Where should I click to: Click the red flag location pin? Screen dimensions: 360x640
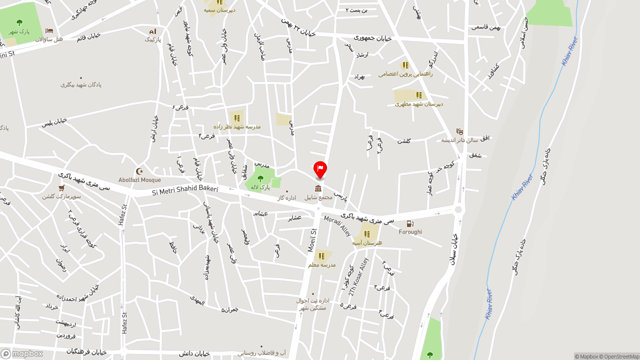pyautogui.click(x=320, y=169)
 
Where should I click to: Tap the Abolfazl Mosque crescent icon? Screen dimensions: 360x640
pyautogui.click(x=139, y=171)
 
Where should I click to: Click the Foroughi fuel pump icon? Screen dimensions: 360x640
pyautogui.click(x=410, y=224)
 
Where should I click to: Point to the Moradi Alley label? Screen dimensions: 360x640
pyautogui.click(x=337, y=226)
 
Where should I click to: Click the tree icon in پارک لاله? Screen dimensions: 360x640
pyautogui.click(x=260, y=178)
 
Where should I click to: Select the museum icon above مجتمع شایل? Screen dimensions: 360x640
pyautogui.click(x=318, y=188)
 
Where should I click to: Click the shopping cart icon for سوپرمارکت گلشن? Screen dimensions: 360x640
pyautogui.click(x=61, y=188)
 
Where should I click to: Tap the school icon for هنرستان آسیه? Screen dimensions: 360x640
pyautogui.click(x=367, y=234)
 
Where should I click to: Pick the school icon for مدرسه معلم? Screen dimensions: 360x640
pyautogui.click(x=321, y=256)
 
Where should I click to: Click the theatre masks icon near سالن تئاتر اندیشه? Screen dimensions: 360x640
pyautogui.click(x=459, y=131)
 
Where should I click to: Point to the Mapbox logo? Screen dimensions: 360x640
pyautogui.click(x=21, y=353)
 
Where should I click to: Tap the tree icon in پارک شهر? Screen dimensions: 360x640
pyautogui.click(x=19, y=22)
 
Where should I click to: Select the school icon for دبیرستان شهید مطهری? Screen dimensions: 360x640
pyautogui.click(x=419, y=95)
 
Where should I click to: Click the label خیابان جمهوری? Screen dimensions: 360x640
pyautogui.click(x=372, y=37)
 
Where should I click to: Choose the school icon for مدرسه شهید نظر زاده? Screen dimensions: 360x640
pyautogui.click(x=237, y=118)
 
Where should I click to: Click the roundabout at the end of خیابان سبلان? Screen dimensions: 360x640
pyautogui.click(x=457, y=210)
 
